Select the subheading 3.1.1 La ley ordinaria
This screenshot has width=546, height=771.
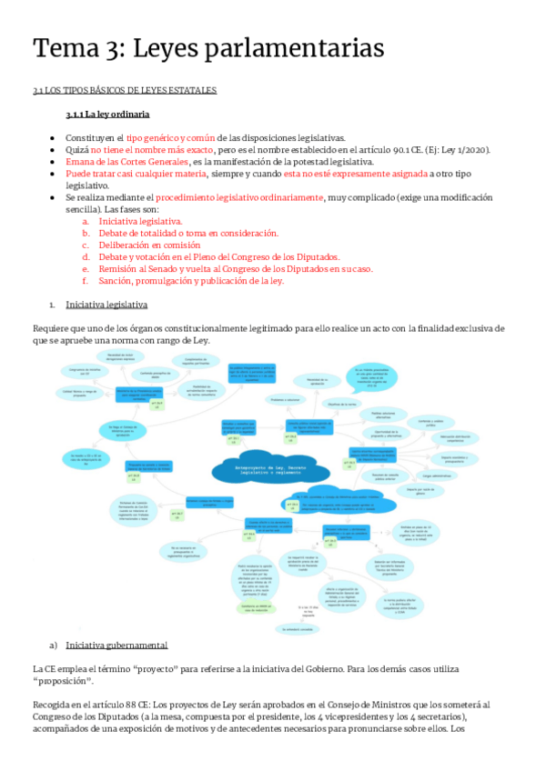click(x=107, y=115)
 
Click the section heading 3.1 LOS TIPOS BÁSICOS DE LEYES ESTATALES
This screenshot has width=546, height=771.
click(x=124, y=90)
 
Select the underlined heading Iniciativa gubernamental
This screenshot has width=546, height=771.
click(x=116, y=619)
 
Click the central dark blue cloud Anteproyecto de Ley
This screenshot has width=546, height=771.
click(x=265, y=467)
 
